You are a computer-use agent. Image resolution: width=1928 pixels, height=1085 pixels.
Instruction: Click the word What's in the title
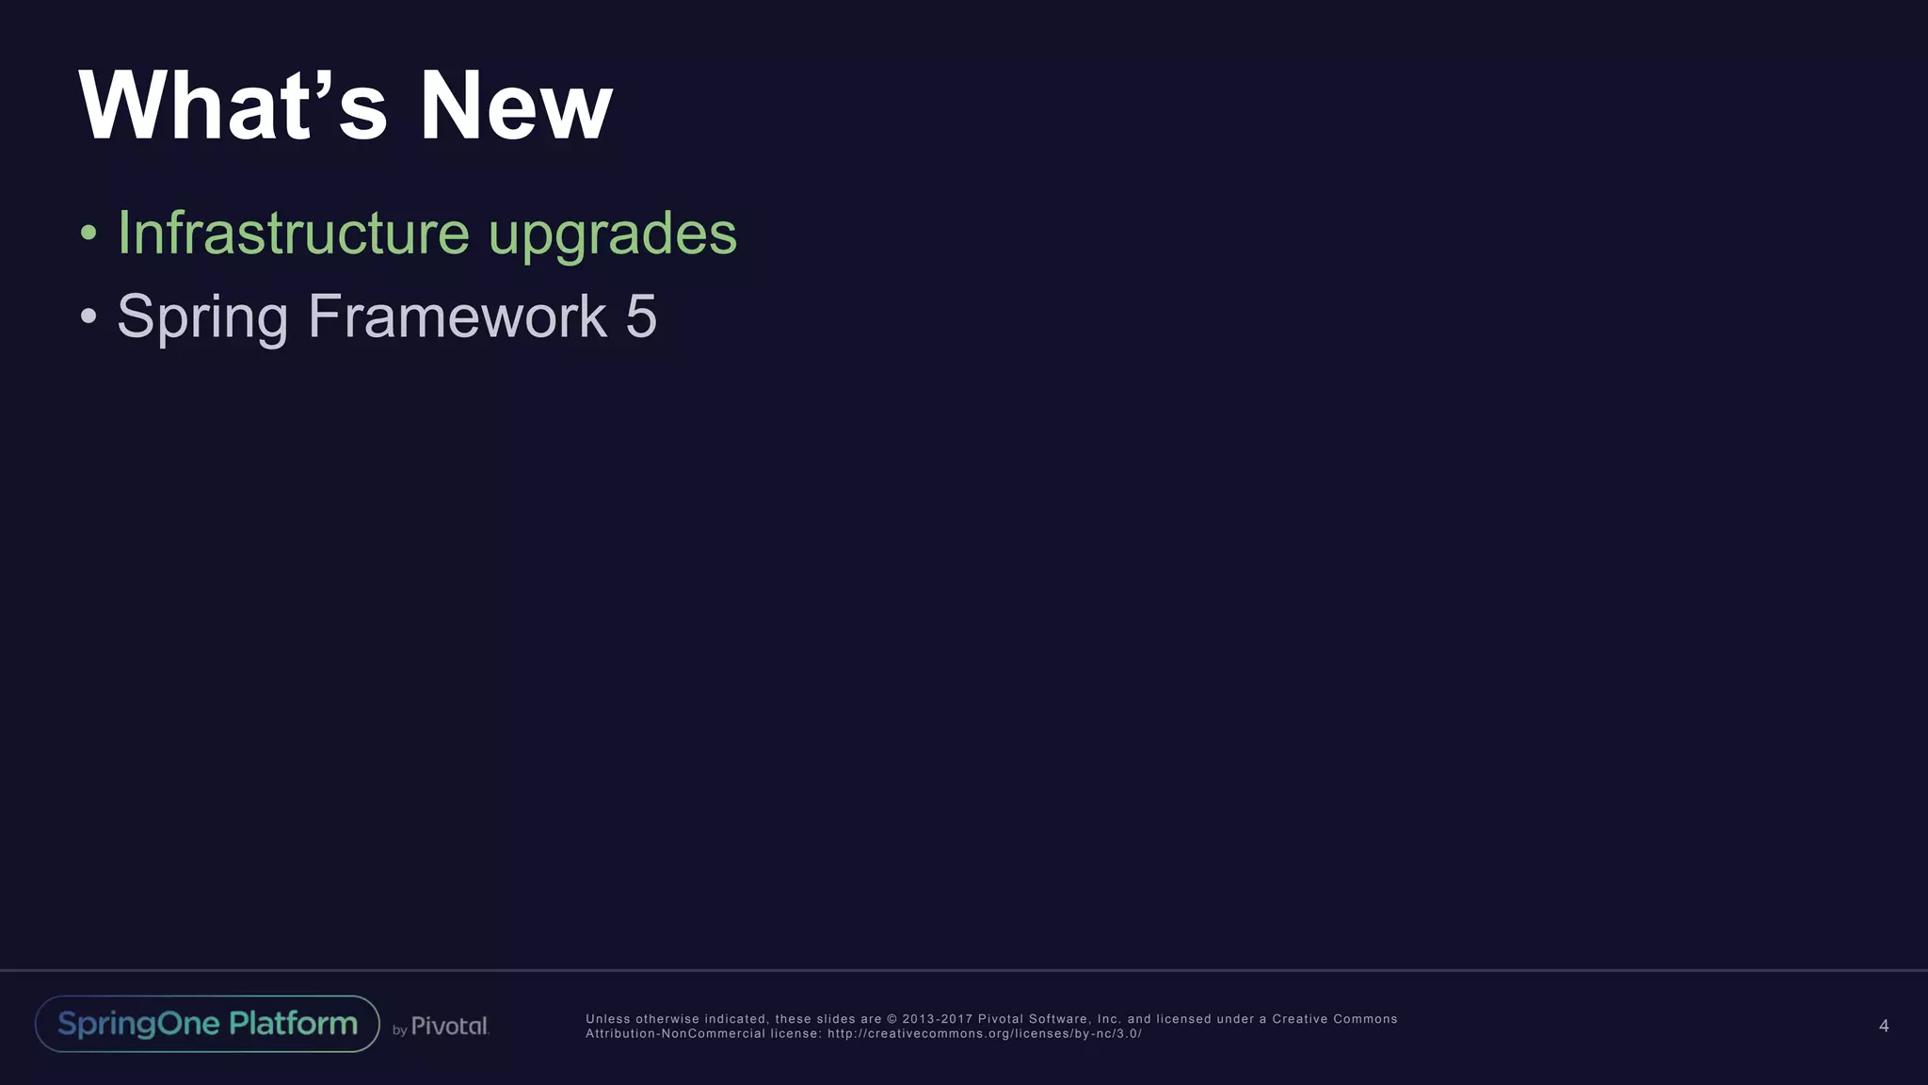[233, 105]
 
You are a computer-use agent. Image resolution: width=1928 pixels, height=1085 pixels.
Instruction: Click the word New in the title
[515, 105]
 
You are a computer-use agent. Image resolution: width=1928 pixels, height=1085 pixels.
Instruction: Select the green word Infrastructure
[293, 233]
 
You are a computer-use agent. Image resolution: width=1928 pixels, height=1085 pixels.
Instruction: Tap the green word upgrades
[612, 235]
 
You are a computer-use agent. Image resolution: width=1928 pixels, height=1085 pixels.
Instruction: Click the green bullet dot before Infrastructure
[88, 233]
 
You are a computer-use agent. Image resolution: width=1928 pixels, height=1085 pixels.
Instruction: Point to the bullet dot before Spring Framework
[88, 316]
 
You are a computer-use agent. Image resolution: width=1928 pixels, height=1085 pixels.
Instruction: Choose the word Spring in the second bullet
[202, 317]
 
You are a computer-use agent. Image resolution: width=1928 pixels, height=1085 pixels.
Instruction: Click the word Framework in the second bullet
[458, 316]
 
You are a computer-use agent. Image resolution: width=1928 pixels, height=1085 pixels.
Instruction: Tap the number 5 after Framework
[641, 316]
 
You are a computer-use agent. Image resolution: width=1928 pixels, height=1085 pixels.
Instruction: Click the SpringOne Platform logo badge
[207, 1024]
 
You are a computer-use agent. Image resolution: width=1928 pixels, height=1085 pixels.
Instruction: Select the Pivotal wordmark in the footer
[450, 1026]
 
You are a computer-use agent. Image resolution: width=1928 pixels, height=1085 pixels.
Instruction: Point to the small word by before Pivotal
[399, 1030]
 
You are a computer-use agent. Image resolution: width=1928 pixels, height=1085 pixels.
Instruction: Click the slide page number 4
[1884, 1026]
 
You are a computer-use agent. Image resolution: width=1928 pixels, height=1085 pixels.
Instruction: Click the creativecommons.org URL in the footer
[985, 1033]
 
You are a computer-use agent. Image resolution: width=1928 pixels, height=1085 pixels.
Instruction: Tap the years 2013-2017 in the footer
[937, 1019]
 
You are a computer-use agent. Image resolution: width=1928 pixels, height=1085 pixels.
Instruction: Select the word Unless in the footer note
[607, 1019]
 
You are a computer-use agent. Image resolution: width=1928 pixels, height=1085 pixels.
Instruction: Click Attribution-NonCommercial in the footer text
[675, 1033]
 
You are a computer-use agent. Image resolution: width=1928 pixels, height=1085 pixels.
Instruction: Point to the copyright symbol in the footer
[892, 1019]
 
